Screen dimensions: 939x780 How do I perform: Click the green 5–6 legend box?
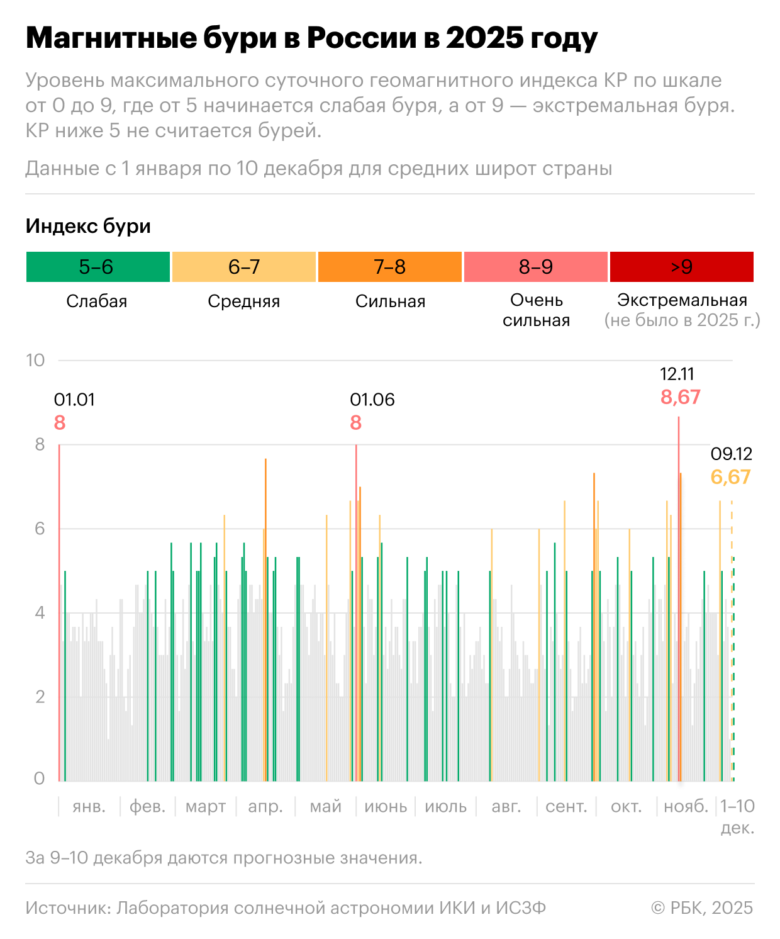[97, 267]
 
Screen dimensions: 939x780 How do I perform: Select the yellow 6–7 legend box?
[243, 267]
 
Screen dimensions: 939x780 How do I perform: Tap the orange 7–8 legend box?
[389, 267]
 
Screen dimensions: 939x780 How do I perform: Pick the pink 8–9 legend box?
[535, 267]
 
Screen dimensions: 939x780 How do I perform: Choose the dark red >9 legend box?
[681, 267]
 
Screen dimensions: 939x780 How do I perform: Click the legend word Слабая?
[97, 301]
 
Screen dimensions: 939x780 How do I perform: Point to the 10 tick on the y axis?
[35, 360]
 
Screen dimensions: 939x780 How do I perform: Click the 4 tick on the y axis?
[40, 612]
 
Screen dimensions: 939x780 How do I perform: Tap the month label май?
[325, 806]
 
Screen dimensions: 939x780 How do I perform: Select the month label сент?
[566, 806]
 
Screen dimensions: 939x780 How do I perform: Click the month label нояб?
[686, 806]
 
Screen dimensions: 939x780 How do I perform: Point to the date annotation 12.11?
[677, 374]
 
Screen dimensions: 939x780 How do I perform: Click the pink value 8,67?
[680, 397]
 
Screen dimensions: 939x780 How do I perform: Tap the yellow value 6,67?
[730, 477]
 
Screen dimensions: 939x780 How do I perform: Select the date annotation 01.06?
[372, 400]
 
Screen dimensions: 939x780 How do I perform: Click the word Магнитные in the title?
[111, 38]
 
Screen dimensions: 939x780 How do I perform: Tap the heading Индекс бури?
[88, 226]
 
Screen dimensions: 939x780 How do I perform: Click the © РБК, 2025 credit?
[702, 908]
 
